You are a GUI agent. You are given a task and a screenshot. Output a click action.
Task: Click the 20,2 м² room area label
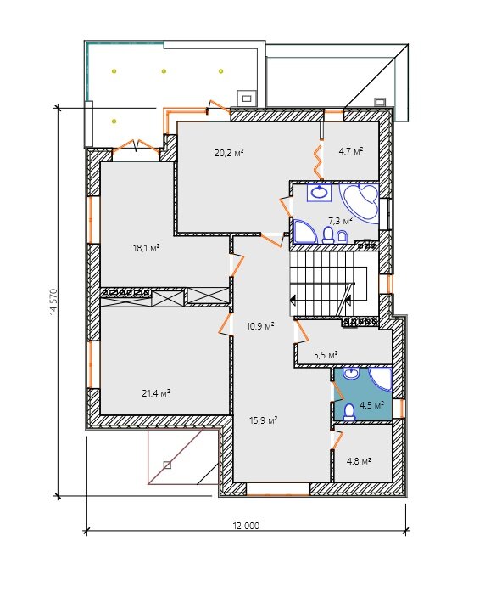click(229, 153)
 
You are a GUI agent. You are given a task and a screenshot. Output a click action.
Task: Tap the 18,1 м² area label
click(146, 248)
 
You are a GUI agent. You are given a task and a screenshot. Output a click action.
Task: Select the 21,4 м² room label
click(156, 393)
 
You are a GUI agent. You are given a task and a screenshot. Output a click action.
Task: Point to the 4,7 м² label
click(350, 151)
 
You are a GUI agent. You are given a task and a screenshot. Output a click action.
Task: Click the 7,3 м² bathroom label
click(340, 221)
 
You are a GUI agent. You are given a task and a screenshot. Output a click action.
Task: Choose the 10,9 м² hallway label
click(260, 326)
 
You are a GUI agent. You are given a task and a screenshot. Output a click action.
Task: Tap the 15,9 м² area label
click(263, 420)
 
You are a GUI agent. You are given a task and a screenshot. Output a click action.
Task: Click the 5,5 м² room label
click(326, 354)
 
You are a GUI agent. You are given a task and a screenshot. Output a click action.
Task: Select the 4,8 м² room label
click(359, 460)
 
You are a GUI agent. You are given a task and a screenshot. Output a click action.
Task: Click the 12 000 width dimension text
click(246, 526)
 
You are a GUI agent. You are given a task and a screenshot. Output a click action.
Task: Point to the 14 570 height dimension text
click(53, 302)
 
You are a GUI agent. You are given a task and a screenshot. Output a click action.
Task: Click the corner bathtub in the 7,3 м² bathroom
click(360, 202)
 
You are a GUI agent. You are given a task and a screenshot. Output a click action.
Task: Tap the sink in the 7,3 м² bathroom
click(319, 192)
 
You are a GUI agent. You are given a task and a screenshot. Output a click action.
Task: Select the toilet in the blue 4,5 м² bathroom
click(349, 412)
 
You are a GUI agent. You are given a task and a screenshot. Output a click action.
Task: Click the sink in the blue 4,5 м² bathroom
click(351, 373)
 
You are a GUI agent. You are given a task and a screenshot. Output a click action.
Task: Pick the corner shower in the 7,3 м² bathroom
click(304, 231)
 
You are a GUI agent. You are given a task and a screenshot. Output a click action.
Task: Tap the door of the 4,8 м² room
click(337, 439)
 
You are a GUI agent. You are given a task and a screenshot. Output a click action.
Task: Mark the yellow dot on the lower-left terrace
click(114, 121)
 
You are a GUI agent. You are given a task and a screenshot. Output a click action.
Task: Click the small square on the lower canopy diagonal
click(167, 465)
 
